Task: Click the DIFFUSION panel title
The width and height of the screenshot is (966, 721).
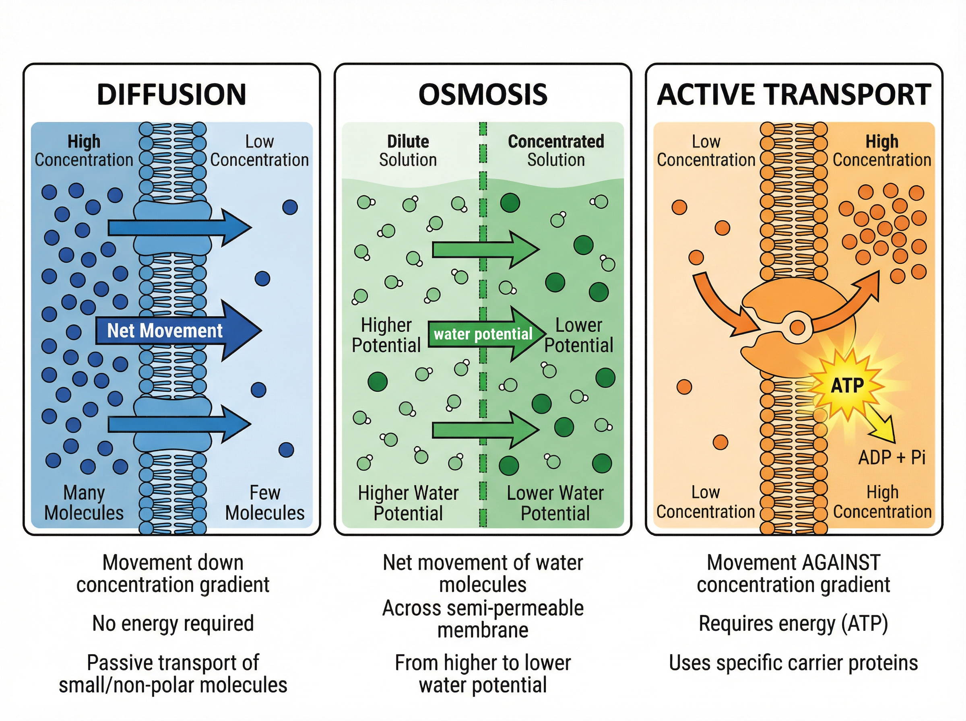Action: [171, 94]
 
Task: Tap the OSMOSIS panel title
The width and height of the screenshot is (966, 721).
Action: [483, 94]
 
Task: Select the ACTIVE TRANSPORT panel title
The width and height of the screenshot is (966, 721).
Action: [794, 94]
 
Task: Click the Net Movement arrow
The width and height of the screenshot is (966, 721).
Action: [175, 330]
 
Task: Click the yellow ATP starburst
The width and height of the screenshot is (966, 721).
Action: [847, 385]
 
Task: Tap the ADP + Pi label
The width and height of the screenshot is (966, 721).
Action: [892, 457]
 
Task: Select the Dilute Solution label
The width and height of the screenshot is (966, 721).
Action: [408, 150]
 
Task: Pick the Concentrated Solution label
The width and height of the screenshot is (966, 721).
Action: [556, 150]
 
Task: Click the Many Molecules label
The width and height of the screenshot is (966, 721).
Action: [84, 503]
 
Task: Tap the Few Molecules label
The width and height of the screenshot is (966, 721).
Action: [264, 503]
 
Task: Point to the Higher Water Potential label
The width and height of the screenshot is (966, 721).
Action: [408, 503]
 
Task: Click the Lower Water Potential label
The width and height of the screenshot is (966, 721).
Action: [555, 503]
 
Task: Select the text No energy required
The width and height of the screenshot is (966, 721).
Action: [173, 623]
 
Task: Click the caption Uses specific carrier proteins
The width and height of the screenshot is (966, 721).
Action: [794, 663]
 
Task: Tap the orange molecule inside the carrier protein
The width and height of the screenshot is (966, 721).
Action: [797, 327]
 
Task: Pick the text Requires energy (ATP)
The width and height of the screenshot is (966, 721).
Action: [794, 623]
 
